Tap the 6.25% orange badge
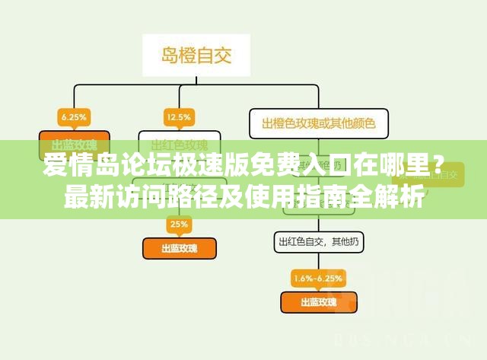[74, 117]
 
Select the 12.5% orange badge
[179, 117]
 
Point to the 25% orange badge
[179, 225]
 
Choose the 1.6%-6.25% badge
[317, 277]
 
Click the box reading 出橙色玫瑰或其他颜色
[317, 122]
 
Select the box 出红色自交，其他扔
[319, 242]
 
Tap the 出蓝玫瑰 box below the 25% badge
[180, 248]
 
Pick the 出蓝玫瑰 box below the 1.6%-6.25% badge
[318, 302]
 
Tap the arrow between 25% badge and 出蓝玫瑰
[179, 235]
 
